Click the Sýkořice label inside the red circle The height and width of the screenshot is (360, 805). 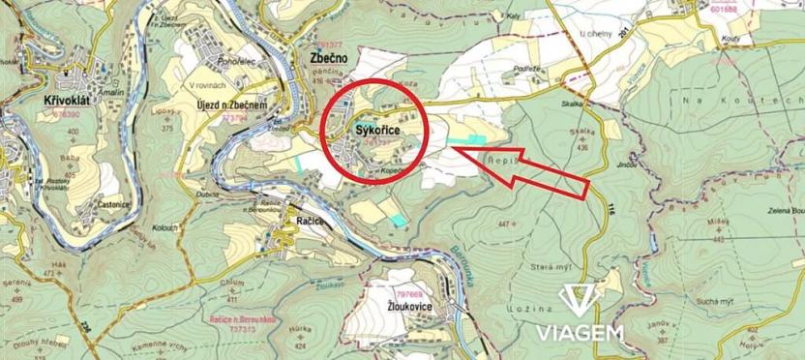[x=371, y=126]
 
